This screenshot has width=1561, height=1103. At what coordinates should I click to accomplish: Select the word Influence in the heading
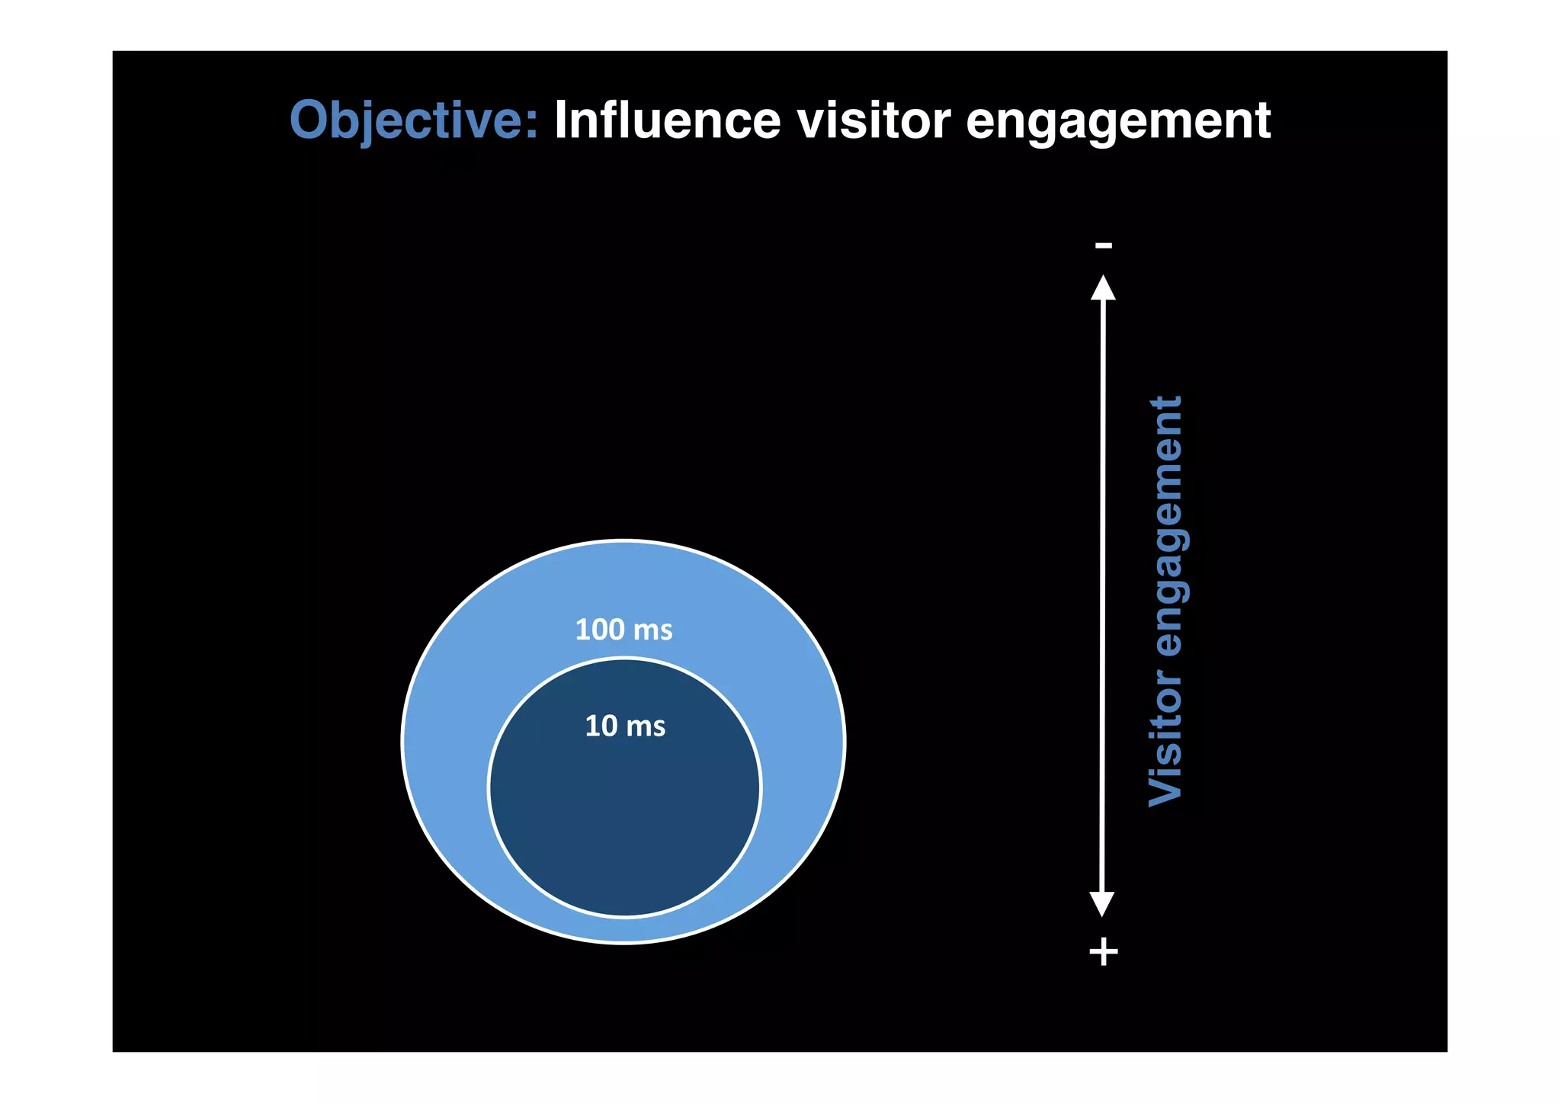[x=667, y=120]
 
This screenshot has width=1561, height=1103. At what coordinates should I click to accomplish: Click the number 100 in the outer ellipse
[x=600, y=630]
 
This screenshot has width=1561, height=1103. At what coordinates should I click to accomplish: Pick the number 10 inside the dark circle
[x=601, y=726]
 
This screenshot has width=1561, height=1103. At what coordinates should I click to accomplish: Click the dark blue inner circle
[x=625, y=816]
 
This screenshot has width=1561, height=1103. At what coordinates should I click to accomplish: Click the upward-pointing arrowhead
[x=1103, y=287]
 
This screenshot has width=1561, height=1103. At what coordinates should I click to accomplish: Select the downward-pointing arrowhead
[x=1102, y=904]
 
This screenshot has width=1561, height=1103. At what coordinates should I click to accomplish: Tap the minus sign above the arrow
[x=1103, y=245]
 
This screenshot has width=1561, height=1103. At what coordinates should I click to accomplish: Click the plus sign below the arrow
[x=1103, y=952]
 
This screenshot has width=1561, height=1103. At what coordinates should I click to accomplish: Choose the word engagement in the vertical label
[x=1165, y=526]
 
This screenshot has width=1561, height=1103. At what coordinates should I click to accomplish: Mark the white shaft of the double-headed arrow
[x=1103, y=595]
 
